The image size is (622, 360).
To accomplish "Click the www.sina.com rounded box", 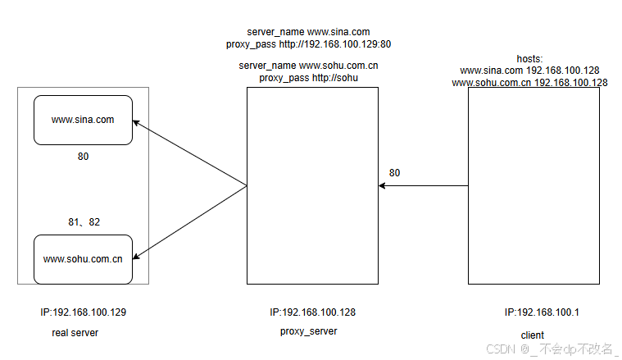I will click(83, 120).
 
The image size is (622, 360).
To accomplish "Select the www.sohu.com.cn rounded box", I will click(83, 259).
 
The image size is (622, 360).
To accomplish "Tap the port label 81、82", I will click(83, 221).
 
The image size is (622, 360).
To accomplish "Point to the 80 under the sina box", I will click(83, 156).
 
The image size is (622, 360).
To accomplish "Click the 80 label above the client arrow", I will click(395, 173).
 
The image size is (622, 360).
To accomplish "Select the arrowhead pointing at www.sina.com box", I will click(138, 125).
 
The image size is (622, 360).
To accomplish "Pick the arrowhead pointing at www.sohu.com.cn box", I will click(138, 255).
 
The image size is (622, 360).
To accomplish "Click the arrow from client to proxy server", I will click(423, 186).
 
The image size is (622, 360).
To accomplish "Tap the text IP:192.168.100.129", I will click(83, 312).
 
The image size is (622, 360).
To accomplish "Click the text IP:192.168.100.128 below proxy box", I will click(312, 312).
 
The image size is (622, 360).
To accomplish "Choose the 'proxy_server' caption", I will click(308, 331).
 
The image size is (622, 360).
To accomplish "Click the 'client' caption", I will click(532, 335).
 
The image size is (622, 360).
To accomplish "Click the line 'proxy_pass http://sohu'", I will click(308, 77).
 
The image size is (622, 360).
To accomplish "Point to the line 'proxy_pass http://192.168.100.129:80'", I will click(314, 44).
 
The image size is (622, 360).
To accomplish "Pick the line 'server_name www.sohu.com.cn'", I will click(308, 65).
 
